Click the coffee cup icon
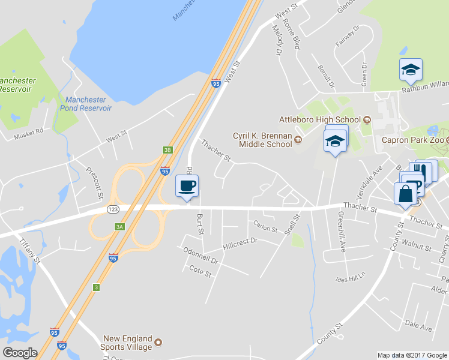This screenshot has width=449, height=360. [x=187, y=185]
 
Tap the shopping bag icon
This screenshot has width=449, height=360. [x=405, y=194]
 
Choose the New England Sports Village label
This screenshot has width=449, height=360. [x=128, y=343]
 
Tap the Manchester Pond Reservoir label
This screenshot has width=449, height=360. [x=86, y=104]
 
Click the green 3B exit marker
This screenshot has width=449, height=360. [x=167, y=150]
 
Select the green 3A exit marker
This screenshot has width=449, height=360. [x=119, y=226]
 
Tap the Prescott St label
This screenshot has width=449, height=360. [x=94, y=183]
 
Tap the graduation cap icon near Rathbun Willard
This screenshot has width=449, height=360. [x=411, y=70]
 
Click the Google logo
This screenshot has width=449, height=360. [x=20, y=353]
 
